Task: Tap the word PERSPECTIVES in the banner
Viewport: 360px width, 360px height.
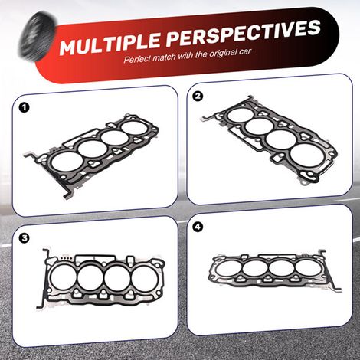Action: [x=244, y=32]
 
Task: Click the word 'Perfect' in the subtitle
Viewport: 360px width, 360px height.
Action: [x=137, y=58]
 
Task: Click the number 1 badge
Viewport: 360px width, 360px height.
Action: [x=24, y=107]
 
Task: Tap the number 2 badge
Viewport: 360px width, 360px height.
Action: [x=198, y=97]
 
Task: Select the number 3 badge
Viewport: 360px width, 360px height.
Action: [x=25, y=238]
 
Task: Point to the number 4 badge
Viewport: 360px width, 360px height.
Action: [x=198, y=227]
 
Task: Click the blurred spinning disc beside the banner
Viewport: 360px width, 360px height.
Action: [x=37, y=37]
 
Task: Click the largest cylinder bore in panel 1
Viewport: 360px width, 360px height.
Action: [x=67, y=162]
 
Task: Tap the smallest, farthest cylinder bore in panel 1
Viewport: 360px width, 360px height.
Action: [x=134, y=128]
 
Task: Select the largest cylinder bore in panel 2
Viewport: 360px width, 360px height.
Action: [x=308, y=155]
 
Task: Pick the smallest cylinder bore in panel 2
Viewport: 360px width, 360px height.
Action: [x=240, y=115]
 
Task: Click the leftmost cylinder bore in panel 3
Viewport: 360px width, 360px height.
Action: [x=62, y=278]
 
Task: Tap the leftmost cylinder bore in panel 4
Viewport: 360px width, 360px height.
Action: [x=228, y=269]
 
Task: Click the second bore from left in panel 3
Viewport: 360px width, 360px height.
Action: [x=90, y=278]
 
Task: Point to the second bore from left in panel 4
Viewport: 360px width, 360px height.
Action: [x=255, y=269]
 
